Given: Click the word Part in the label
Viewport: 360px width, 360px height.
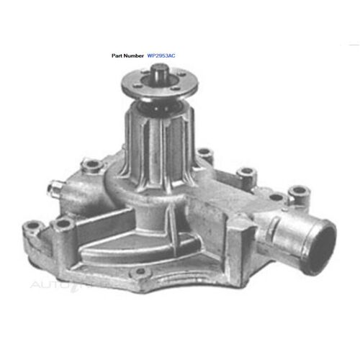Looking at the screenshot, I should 119,54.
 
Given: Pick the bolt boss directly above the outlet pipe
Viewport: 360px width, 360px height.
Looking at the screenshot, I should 295,193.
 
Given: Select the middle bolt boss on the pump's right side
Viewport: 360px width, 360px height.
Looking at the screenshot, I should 247,173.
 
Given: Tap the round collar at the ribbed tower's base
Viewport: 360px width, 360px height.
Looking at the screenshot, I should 155,180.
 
